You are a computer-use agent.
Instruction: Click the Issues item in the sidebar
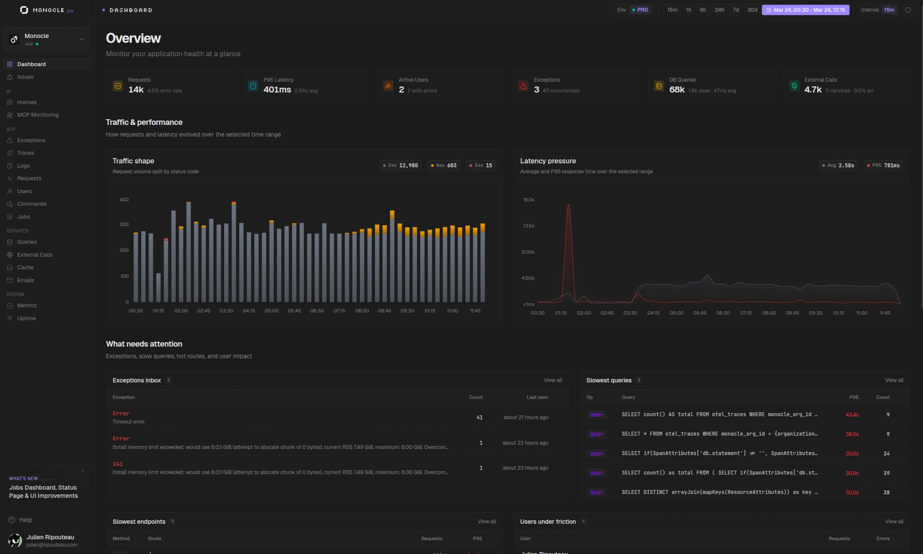pos(25,77)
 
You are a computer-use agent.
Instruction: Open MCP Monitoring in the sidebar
pos(37,115)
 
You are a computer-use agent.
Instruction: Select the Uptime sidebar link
pos(26,319)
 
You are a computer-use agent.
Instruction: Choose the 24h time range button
pos(719,10)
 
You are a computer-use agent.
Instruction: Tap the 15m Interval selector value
pos(889,10)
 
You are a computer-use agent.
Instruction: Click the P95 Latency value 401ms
pos(277,90)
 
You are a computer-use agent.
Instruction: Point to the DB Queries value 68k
pos(677,90)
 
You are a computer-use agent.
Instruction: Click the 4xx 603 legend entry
pos(444,165)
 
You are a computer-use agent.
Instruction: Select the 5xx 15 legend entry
pos(481,165)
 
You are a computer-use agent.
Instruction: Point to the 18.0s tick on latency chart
pos(528,200)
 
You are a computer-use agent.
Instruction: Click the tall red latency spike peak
pos(569,205)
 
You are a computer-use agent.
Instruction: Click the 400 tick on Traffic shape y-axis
pos(124,200)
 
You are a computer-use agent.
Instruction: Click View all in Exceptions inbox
pos(552,380)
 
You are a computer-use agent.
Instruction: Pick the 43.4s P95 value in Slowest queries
pos(851,415)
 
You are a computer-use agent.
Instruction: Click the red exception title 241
pos(118,464)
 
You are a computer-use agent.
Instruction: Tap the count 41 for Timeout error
pos(479,417)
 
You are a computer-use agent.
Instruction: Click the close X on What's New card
pos(83,471)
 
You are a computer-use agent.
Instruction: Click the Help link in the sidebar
pos(25,520)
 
